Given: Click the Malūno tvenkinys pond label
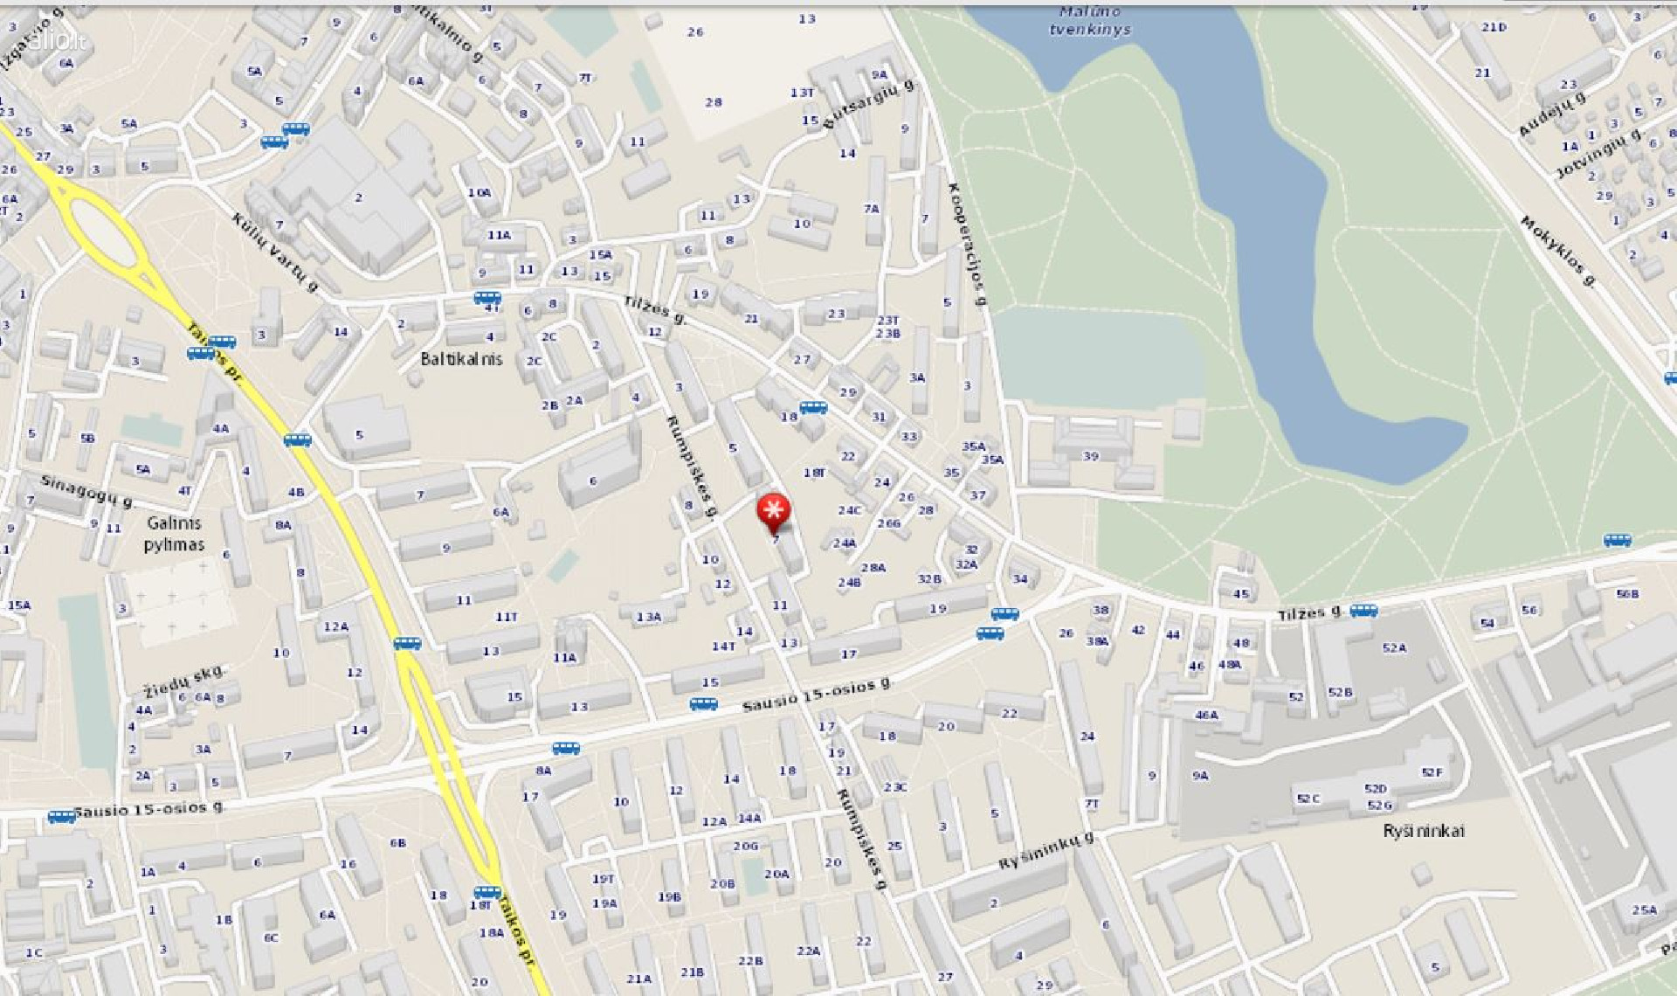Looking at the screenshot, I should click(1089, 21).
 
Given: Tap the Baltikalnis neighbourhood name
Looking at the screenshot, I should click(461, 358).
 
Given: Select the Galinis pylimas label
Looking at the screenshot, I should click(174, 534).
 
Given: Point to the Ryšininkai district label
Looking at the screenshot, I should click(1423, 830).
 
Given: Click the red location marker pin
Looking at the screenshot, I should click(773, 511).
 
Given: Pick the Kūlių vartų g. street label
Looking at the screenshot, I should click(275, 252).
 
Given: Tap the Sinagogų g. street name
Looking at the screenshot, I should click(87, 491).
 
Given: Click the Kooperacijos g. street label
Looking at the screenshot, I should click(967, 244).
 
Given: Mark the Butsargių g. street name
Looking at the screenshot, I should click(868, 104).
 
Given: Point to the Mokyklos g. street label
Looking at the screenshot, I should click(1558, 251).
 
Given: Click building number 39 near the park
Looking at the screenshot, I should click(1090, 456).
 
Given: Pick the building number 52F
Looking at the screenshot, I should click(1432, 772).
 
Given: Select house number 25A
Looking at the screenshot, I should click(1644, 910).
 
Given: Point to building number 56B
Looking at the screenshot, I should click(1627, 594).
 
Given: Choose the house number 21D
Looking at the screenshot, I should click(1494, 27).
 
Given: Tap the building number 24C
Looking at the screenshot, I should click(849, 510).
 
